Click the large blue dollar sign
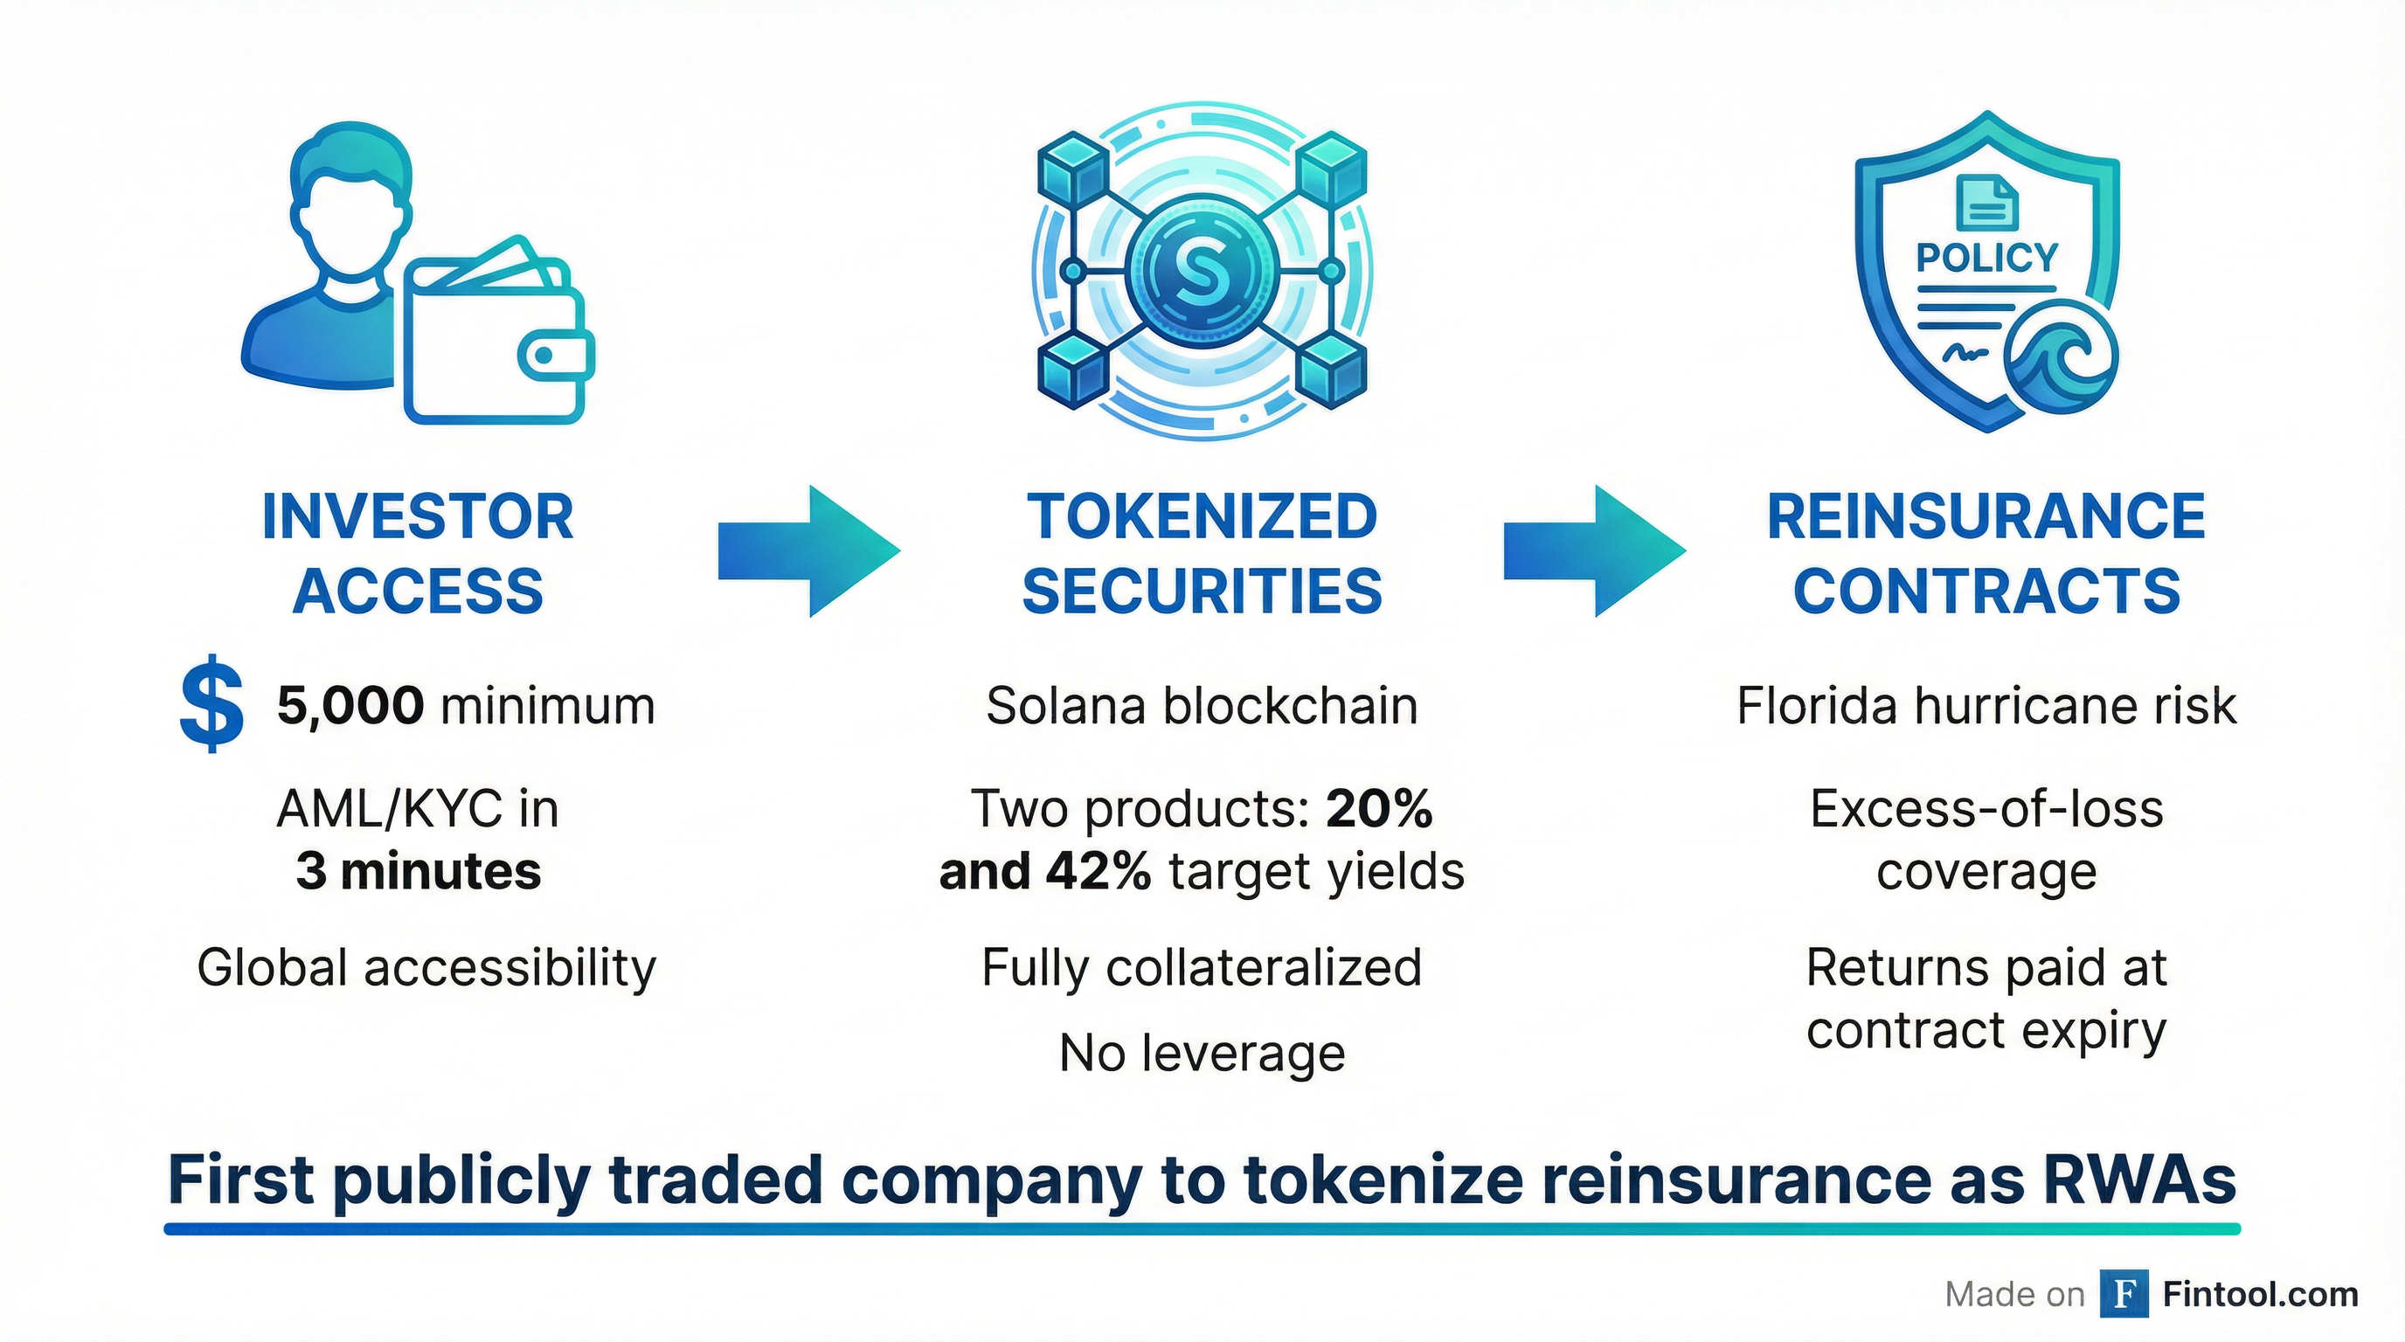tap(212, 703)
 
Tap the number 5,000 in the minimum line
tap(350, 706)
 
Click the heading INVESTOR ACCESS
tap(418, 553)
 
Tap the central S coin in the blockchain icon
tap(1202, 272)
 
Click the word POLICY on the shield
tap(1986, 258)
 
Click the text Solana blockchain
tap(1202, 706)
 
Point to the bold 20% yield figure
tap(1379, 808)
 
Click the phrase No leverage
tap(1202, 1054)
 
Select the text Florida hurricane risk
tap(1986, 706)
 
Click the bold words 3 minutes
tap(418, 872)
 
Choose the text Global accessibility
tap(426, 968)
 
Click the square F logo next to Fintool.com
tap(2124, 1293)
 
